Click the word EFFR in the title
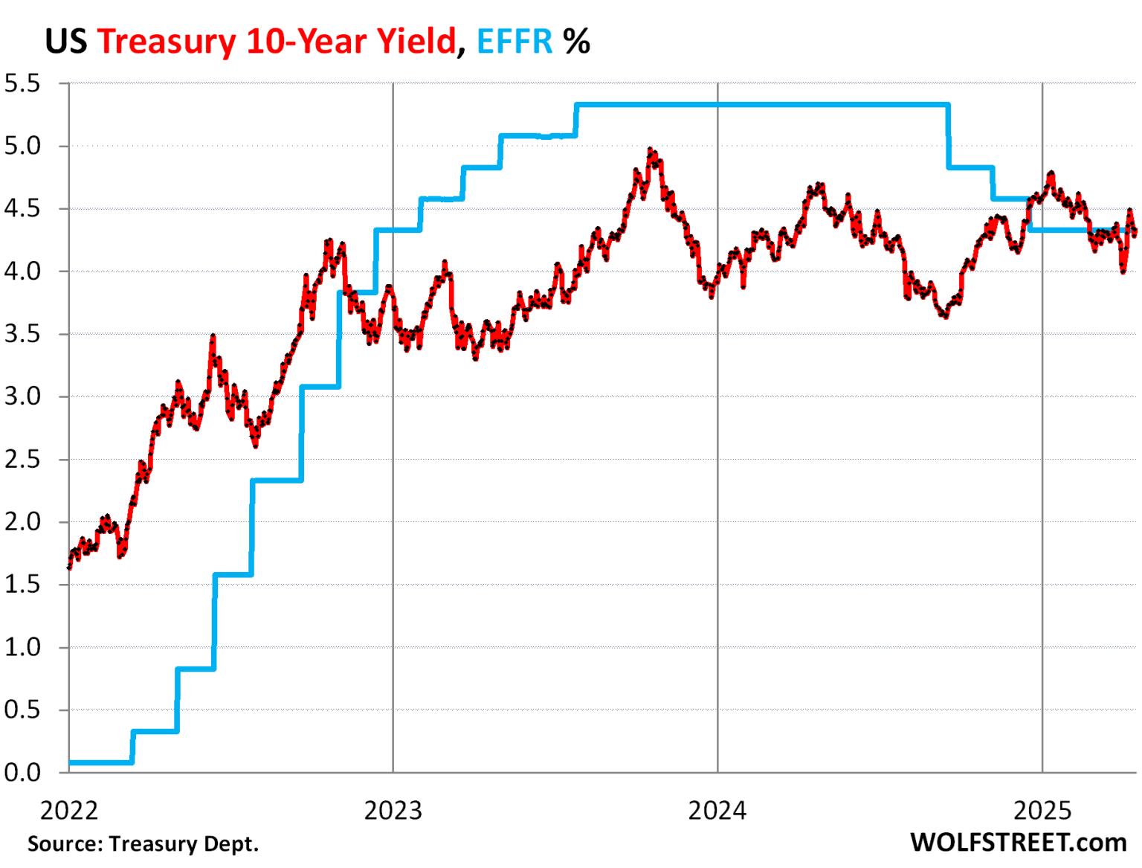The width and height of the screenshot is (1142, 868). [514, 42]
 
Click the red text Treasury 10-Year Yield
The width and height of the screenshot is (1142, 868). [276, 42]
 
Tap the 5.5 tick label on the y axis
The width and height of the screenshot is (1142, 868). [22, 83]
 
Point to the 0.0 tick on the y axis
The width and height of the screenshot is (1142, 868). [22, 772]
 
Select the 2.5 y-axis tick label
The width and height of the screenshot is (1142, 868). [22, 459]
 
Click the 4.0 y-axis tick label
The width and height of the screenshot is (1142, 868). [22, 271]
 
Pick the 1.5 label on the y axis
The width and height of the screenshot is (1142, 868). [22, 585]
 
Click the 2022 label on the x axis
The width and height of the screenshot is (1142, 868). [68, 810]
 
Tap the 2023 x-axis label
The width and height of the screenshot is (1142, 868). [393, 810]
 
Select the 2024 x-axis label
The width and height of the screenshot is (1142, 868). [717, 810]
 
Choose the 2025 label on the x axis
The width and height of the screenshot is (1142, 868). [1042, 810]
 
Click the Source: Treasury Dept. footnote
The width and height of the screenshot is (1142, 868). [143, 844]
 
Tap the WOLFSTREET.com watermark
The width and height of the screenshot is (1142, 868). [1018, 843]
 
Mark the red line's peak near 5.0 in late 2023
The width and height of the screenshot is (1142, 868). [651, 151]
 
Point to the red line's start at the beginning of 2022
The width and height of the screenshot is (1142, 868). [70, 567]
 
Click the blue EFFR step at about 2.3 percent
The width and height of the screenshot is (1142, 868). [277, 480]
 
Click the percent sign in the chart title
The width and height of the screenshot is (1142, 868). [576, 42]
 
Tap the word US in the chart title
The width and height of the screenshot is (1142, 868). [66, 42]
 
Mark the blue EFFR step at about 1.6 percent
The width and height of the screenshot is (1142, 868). [233, 574]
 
